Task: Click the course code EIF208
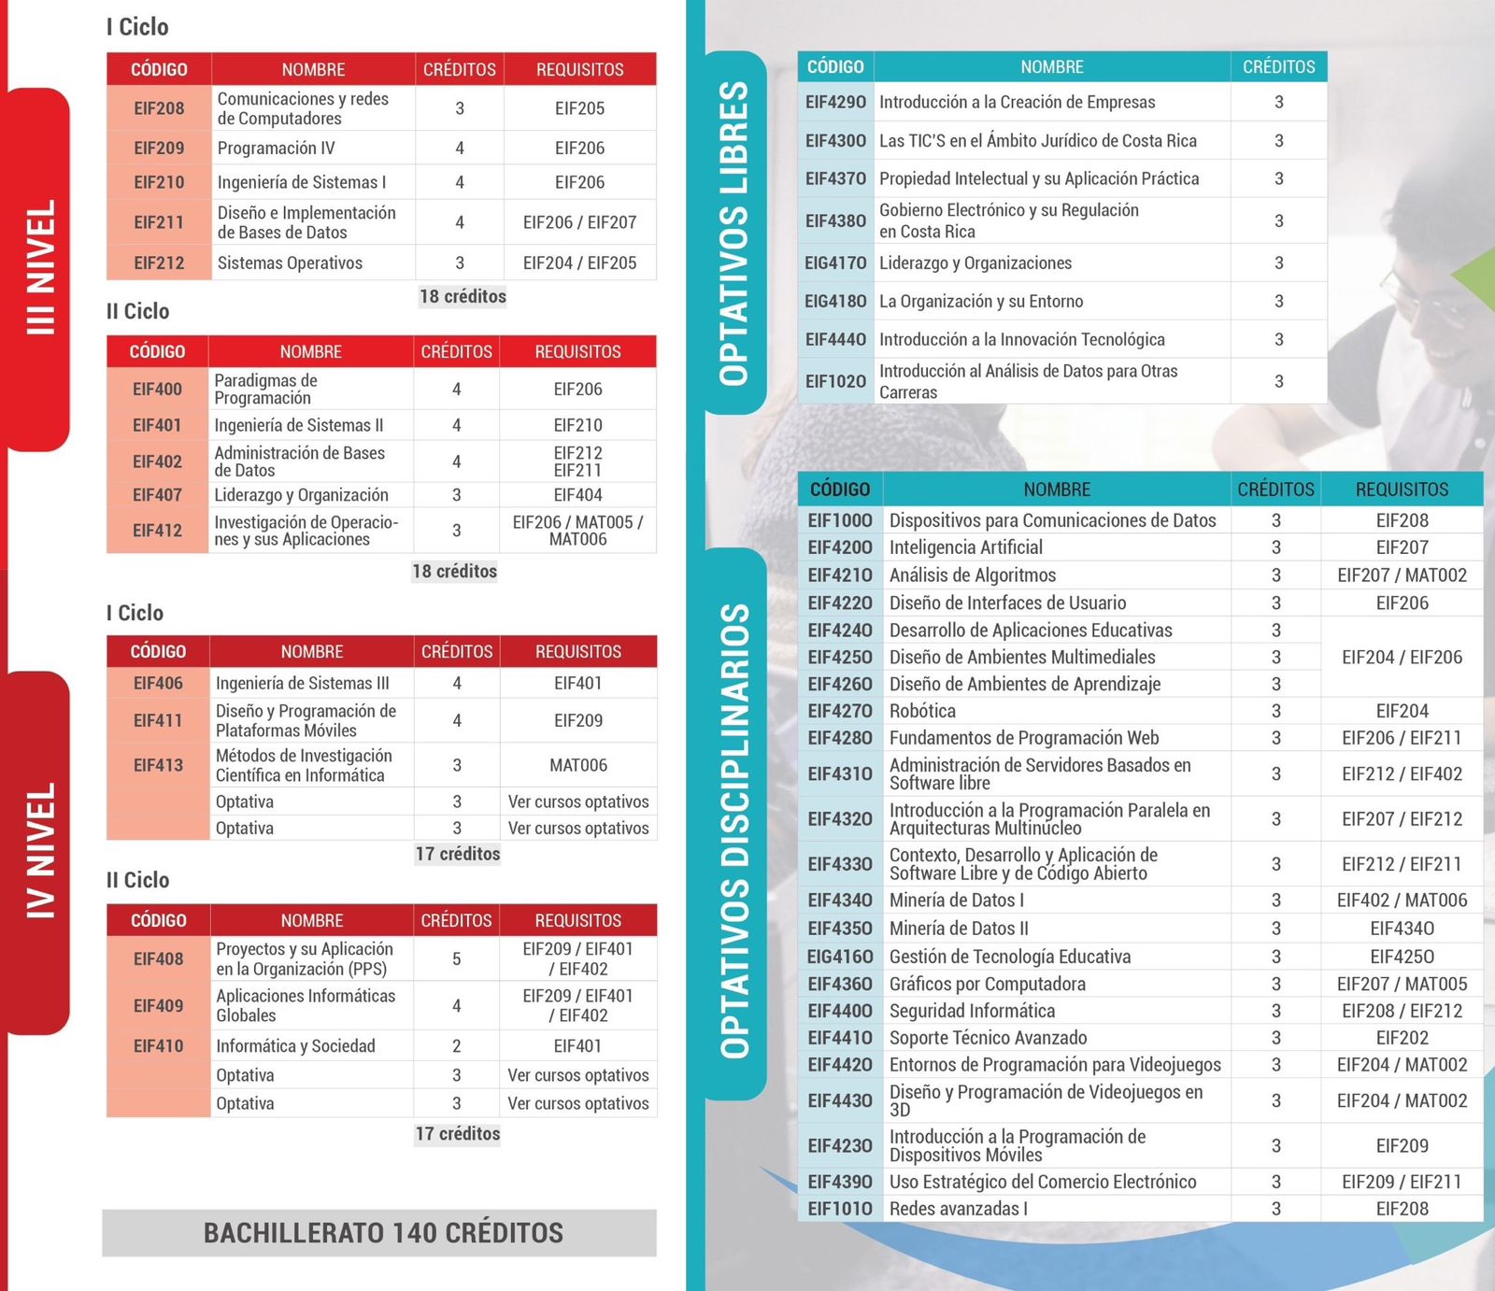point(159,108)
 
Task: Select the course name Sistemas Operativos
point(290,263)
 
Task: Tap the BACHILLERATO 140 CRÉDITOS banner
point(383,1233)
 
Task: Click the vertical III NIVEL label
point(41,267)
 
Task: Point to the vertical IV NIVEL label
point(41,850)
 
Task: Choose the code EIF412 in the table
point(157,531)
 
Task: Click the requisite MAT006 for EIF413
point(578,765)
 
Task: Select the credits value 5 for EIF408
point(457,959)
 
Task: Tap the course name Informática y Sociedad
point(295,1046)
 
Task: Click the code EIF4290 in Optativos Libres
point(835,102)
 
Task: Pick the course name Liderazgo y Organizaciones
point(975,263)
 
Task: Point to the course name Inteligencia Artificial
point(965,547)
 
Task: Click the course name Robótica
point(922,711)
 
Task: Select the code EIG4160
point(840,957)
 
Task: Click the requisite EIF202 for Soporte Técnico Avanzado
point(1402,1038)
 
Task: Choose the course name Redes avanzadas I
point(958,1209)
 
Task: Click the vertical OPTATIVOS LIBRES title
point(734,234)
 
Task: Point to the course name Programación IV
point(276,149)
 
